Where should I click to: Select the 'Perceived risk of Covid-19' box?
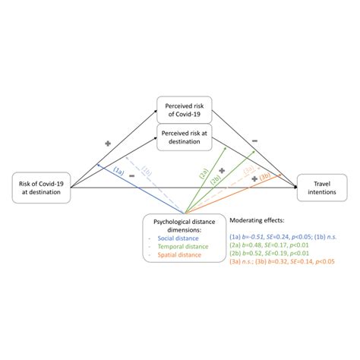185,109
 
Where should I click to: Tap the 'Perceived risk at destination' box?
185,136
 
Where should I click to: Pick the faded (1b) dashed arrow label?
148,169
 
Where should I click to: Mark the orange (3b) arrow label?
265,176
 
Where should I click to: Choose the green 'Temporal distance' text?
185,246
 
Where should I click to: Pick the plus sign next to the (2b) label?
223,170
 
